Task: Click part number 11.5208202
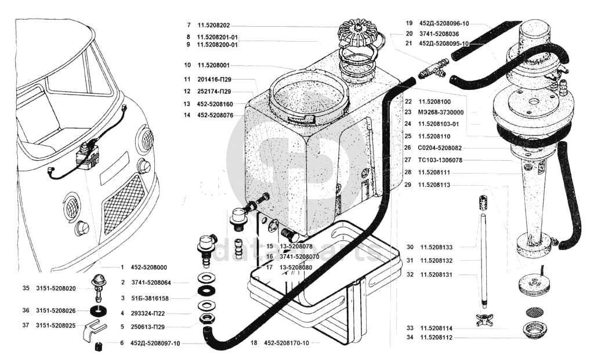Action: pos(213,26)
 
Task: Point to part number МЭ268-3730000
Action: pos(447,112)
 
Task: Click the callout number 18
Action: pos(253,343)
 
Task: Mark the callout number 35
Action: pos(26,288)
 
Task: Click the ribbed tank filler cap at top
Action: pos(356,35)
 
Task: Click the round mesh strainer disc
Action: pos(533,311)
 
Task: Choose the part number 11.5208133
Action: pos(437,247)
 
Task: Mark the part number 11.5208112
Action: pos(437,337)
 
